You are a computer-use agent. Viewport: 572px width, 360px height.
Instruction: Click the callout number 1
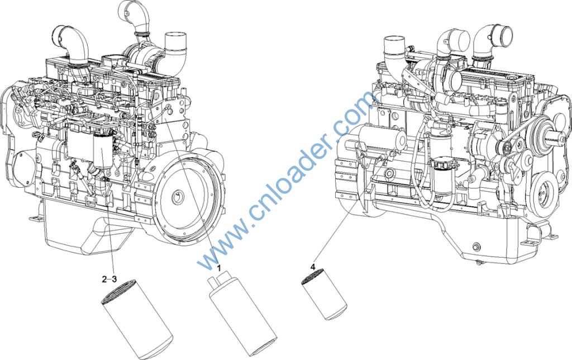(x=219, y=268)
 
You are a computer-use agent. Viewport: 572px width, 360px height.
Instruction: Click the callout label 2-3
(x=109, y=280)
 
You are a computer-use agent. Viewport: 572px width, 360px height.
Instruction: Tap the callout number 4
(x=313, y=267)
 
